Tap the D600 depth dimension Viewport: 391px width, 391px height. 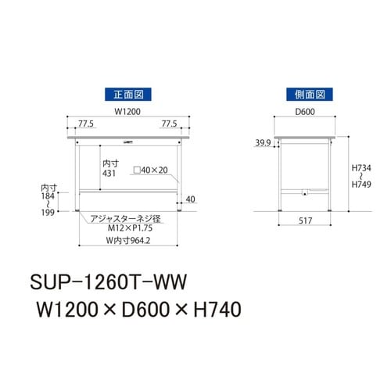pyautogui.click(x=304, y=110)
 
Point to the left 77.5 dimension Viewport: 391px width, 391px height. pyautogui.click(x=87, y=123)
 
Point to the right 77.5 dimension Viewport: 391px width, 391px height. pyautogui.click(x=169, y=123)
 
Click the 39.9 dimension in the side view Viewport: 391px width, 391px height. pyautogui.click(x=263, y=143)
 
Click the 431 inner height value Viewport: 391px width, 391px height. pyautogui.click(x=110, y=174)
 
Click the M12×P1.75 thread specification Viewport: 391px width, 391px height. pyautogui.click(x=128, y=228)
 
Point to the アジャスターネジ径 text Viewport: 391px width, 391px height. pyautogui.click(x=125, y=218)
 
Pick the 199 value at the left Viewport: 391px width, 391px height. pyautogui.click(x=49, y=213)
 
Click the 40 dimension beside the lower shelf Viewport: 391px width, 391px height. pyautogui.click(x=191, y=198)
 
